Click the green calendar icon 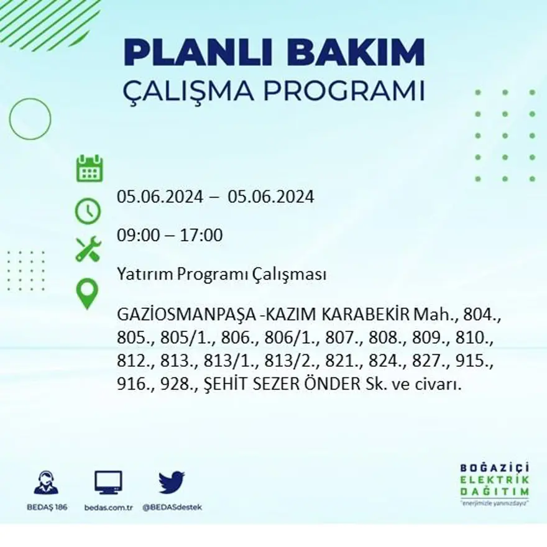tap(90, 169)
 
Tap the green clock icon tap(88, 211)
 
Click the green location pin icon tap(87, 294)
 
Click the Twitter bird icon tap(172, 482)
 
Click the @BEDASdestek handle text tap(172, 507)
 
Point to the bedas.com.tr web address tap(108, 507)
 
